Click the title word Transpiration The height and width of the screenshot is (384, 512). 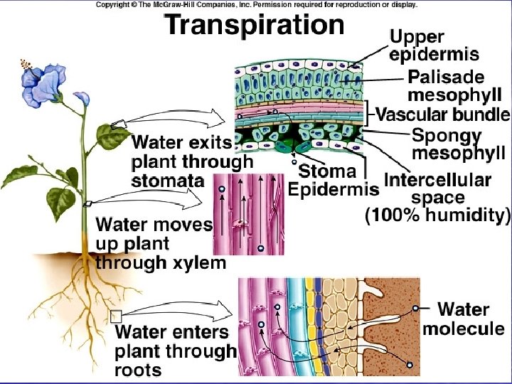[x=255, y=26]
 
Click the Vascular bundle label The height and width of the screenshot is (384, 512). [x=442, y=114]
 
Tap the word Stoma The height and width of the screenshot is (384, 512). [x=328, y=171]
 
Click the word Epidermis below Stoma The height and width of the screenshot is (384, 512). [x=333, y=190]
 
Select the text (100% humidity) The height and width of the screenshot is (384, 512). [x=438, y=215]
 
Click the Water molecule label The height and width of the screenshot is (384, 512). [x=463, y=319]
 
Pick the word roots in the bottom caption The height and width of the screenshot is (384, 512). [x=138, y=370]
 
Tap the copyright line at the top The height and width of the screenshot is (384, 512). [x=256, y=4]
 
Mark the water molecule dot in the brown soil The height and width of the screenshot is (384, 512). [x=410, y=365]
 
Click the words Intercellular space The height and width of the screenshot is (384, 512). [x=437, y=188]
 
